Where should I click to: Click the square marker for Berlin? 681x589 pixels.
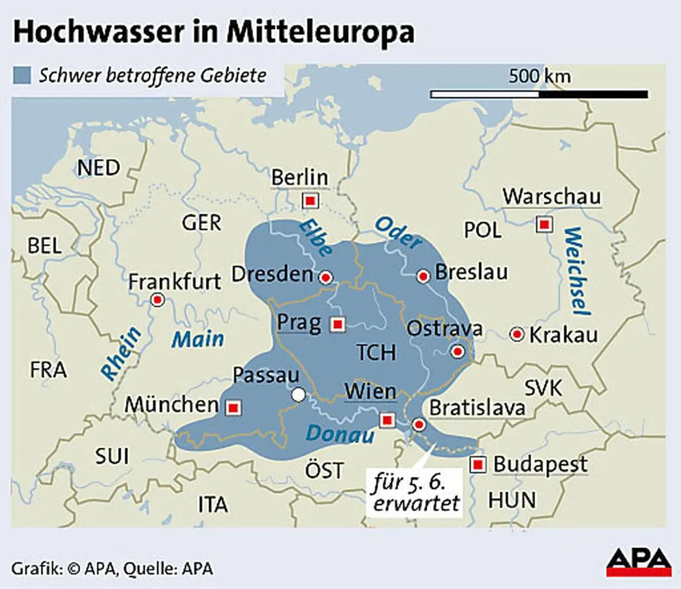click(310, 200)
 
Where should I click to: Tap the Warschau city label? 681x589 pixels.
click(551, 196)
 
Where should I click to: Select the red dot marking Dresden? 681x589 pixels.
click(326, 277)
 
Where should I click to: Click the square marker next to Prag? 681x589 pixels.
click(338, 325)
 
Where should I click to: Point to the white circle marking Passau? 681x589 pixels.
click(298, 394)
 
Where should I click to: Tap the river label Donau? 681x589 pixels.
click(340, 434)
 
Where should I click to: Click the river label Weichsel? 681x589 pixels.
click(577, 271)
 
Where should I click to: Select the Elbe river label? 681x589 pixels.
click(316, 238)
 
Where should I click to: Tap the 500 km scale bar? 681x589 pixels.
click(539, 94)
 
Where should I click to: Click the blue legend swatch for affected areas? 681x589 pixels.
click(22, 75)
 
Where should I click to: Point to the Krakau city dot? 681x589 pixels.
click(517, 334)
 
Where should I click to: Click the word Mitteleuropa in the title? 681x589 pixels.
click(320, 32)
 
